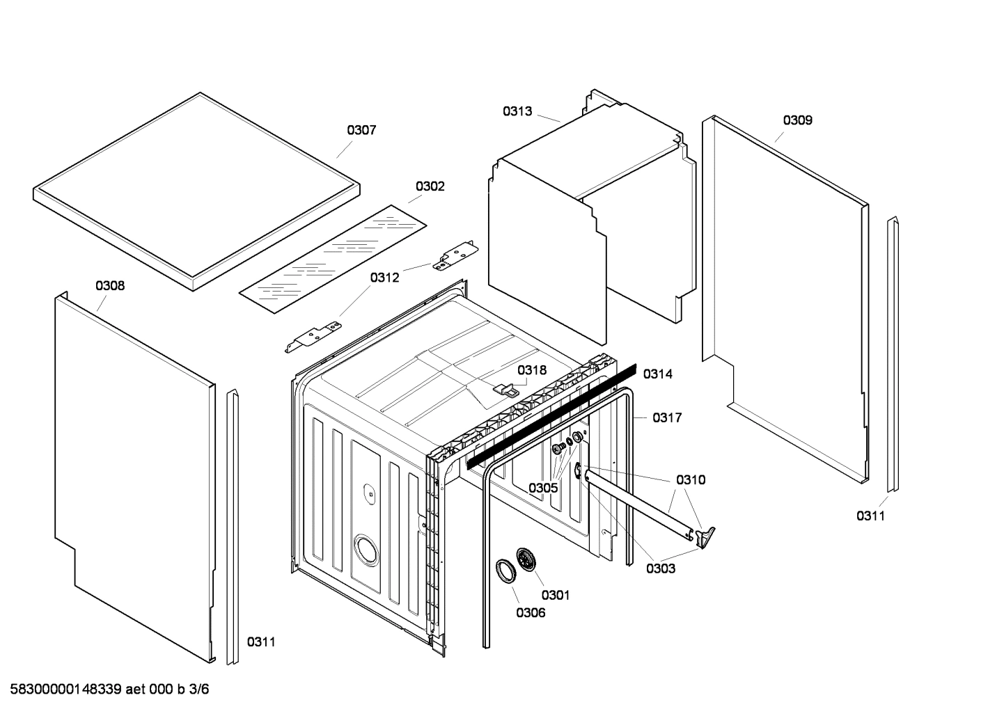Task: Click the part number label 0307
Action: (361, 130)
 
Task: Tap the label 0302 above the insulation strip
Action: (430, 186)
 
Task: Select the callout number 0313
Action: (517, 111)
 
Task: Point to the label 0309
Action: (797, 120)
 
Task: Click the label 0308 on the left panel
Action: (110, 285)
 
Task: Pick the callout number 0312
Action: (384, 278)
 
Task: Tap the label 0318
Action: (533, 370)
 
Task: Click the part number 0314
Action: (657, 374)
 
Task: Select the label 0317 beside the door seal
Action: (666, 417)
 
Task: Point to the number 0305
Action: (542, 488)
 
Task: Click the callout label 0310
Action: (690, 479)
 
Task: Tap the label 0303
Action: (660, 568)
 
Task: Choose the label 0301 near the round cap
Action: (555, 595)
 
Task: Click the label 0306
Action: (531, 613)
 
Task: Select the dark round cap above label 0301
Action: (526, 560)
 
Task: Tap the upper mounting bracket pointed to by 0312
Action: (455, 255)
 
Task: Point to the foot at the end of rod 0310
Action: (706, 534)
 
